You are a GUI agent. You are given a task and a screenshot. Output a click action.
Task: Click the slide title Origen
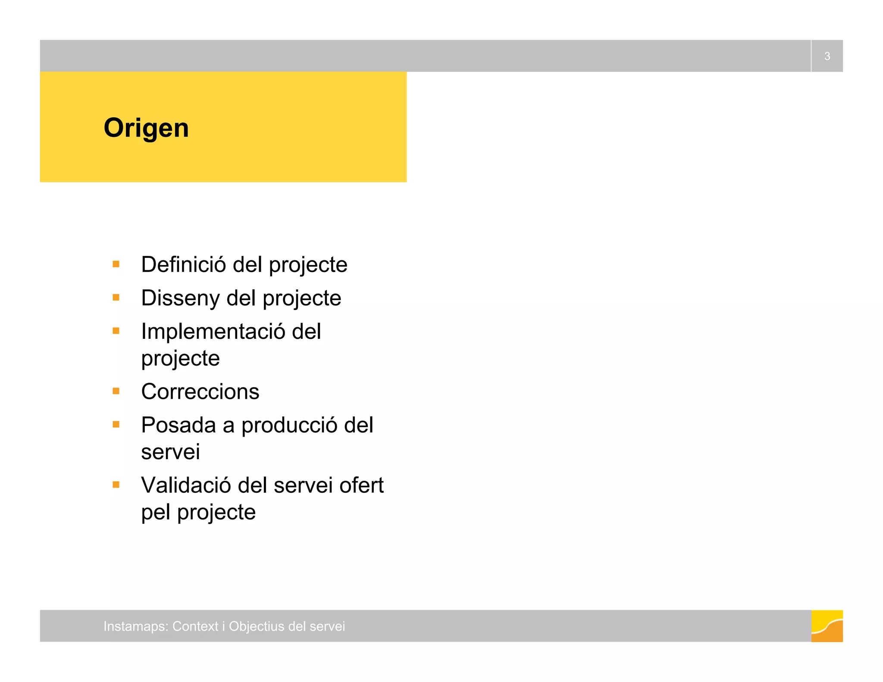[146, 128]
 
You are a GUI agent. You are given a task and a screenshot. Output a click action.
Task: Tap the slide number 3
[827, 56]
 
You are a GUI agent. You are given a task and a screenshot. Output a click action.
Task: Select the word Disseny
[180, 298]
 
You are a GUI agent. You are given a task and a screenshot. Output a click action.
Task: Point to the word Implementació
[213, 332]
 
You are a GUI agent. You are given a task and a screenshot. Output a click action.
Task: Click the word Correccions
[200, 391]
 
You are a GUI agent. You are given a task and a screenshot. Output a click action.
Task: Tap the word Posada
[178, 425]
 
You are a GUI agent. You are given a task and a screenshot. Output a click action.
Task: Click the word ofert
[361, 485]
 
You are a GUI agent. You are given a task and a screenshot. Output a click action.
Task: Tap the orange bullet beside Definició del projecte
[116, 264]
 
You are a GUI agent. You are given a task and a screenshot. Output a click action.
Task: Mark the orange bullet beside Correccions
[116, 391]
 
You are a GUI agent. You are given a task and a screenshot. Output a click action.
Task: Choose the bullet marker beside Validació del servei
[116, 485]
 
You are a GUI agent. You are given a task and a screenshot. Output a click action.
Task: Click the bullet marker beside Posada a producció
[116, 425]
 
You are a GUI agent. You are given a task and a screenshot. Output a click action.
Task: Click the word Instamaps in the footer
[135, 626]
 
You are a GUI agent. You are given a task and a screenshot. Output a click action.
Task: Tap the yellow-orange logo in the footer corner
[827, 626]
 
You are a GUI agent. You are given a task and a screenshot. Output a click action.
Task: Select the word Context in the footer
[195, 626]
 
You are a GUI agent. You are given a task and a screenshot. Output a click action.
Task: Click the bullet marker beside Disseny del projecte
[116, 297]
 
